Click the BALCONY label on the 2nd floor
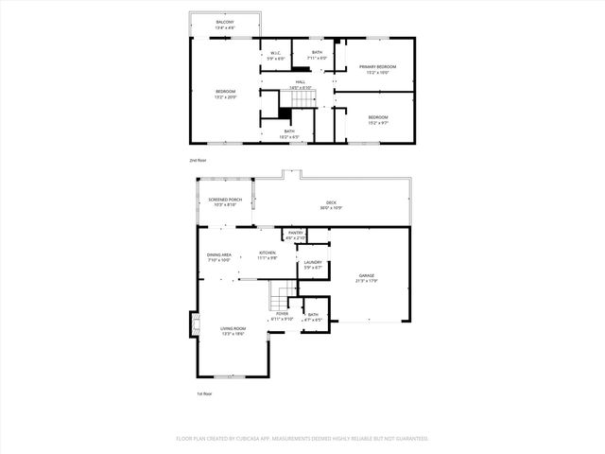pos(225,23)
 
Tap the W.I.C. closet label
pos(275,55)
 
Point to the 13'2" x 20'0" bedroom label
pos(225,93)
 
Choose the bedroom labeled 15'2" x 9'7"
pos(377,118)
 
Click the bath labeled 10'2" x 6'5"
pos(288,133)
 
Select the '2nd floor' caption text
pos(197,161)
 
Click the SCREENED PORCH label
pos(224,201)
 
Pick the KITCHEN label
pos(268,254)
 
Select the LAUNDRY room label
pos(313,265)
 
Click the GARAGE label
pos(366,279)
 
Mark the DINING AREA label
pos(219,257)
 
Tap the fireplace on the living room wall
pos(194,325)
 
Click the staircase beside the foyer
pos(278,300)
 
